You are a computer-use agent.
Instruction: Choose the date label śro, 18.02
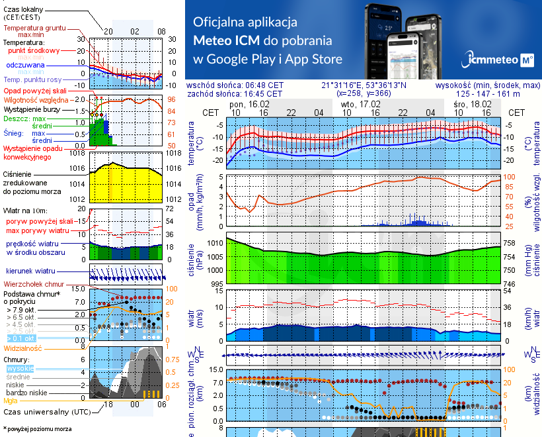pyautogui.click(x=472, y=105)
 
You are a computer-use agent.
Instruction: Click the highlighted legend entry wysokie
pyautogui.click(x=19, y=368)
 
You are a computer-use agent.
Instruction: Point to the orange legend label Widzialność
pyautogui.click(x=23, y=348)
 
